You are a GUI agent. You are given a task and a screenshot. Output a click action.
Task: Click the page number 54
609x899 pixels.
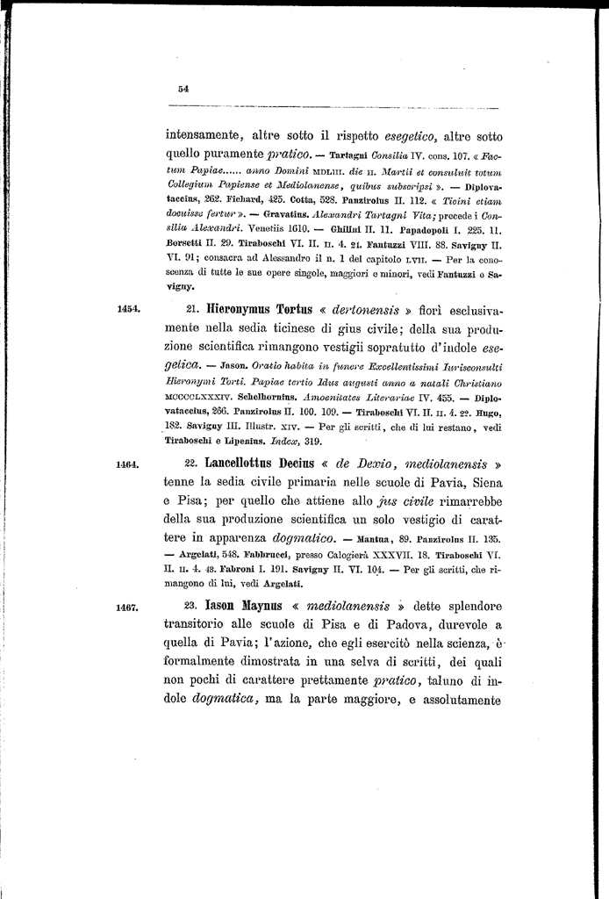pyautogui.click(x=183, y=88)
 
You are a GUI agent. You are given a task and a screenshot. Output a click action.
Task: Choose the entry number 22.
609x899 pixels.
pyautogui.click(x=194, y=466)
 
